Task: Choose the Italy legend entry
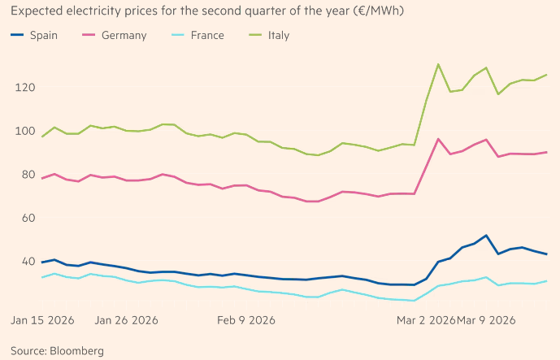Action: pos(276,36)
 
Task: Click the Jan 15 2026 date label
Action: pos(42,319)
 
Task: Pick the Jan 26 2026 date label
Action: pos(127,319)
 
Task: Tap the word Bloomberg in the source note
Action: pos(76,351)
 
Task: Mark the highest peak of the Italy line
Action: pos(439,64)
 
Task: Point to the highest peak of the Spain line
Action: pos(486,236)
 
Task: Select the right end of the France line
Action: pos(547,281)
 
